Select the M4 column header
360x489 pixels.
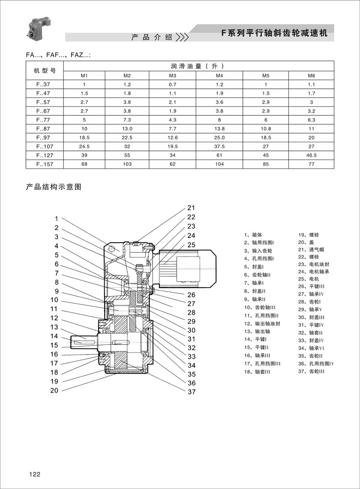(219, 76)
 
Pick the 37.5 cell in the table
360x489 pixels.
(219, 146)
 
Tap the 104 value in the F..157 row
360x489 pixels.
(219, 164)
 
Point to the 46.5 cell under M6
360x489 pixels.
(311, 155)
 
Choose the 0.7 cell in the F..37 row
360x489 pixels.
(173, 85)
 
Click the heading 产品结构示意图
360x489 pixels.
(53, 187)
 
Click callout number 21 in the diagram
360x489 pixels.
(191, 208)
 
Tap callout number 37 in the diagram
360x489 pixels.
(192, 392)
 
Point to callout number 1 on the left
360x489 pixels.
(56, 219)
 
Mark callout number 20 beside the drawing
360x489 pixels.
(54, 391)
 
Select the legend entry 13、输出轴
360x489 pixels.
(257, 331)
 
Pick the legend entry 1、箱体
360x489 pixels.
(253, 235)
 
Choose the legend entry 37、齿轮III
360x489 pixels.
(311, 371)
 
